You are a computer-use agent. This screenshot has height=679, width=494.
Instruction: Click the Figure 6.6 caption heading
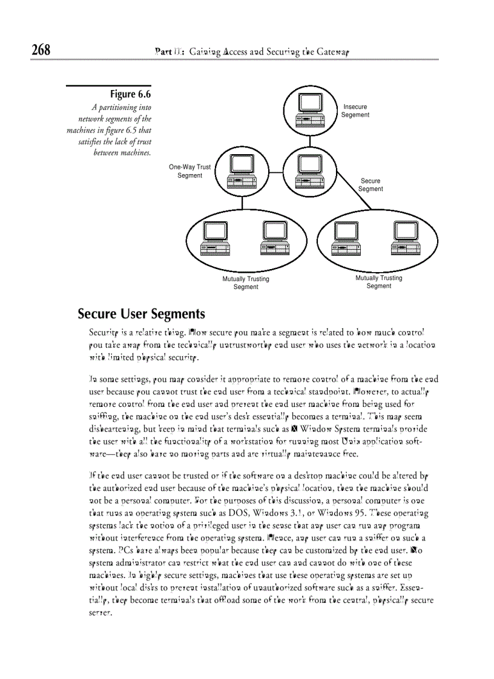[x=130, y=94]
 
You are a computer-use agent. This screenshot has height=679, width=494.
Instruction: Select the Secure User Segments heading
[x=141, y=314]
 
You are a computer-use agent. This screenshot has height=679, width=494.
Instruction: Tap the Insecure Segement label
[x=355, y=111]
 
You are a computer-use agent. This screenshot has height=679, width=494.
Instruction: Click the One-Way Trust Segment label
[x=189, y=171]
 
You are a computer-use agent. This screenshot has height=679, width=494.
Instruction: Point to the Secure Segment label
[x=370, y=185]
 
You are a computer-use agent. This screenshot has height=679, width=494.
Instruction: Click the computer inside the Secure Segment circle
[x=309, y=171]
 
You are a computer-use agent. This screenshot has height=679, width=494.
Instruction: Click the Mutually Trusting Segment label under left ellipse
[x=246, y=283]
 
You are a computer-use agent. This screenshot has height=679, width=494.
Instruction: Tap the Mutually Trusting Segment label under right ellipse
[x=378, y=282]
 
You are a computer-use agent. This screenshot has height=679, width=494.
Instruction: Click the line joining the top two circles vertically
[x=310, y=141]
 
